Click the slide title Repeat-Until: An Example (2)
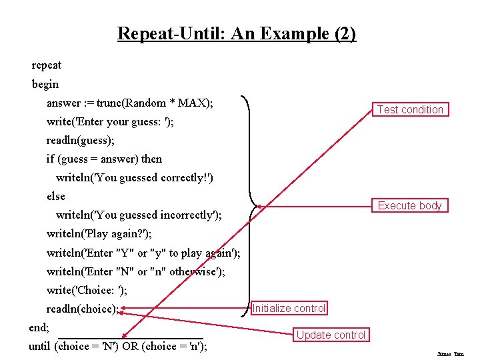(x=237, y=33)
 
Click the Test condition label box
(x=410, y=109)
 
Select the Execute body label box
(x=409, y=205)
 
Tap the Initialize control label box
(x=289, y=308)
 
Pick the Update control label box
(x=331, y=335)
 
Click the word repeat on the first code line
(x=47, y=65)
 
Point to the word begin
(x=45, y=84)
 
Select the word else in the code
(x=56, y=196)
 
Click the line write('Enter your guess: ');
(x=110, y=121)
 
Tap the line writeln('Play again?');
(x=99, y=234)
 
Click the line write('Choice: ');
(x=87, y=290)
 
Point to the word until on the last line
(x=40, y=346)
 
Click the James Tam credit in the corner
(x=451, y=354)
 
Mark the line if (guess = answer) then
(x=104, y=159)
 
